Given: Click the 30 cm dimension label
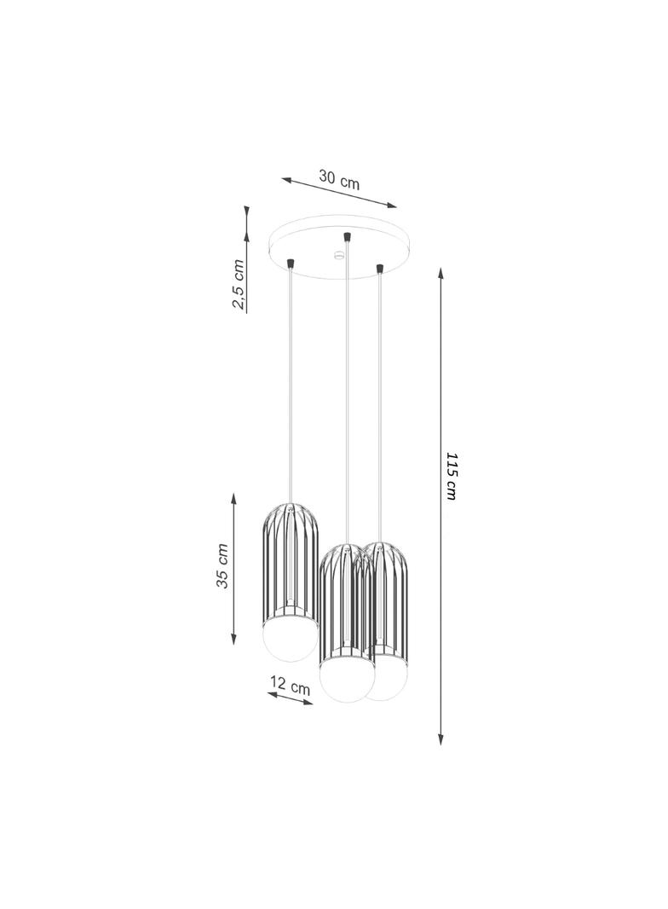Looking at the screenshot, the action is click(x=339, y=179).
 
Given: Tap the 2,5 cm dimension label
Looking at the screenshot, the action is click(x=238, y=284).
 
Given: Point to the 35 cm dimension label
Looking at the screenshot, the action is click(x=222, y=566).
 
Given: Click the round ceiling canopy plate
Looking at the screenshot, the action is click(x=340, y=247).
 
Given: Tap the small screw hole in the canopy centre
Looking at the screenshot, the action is click(x=337, y=254).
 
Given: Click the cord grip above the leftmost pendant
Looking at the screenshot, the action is click(x=291, y=263).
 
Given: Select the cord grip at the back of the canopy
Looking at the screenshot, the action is click(x=347, y=237).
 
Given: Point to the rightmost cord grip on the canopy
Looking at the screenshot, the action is click(x=379, y=269).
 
